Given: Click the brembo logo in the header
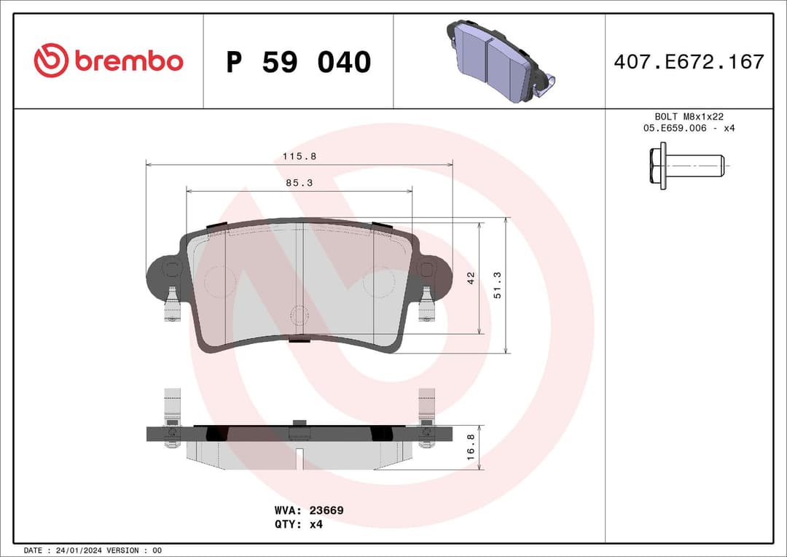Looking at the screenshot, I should click(109, 61).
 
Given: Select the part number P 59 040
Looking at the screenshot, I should click(298, 62).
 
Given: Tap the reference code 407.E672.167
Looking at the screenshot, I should click(689, 62).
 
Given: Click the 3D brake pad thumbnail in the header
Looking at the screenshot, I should click(499, 60).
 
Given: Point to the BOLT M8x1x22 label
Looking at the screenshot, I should click(689, 117).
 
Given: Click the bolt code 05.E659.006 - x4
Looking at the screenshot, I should click(689, 128).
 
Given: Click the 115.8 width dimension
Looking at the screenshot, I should click(299, 156).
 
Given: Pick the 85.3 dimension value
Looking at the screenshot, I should click(299, 183).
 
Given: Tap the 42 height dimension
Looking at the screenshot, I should click(471, 278).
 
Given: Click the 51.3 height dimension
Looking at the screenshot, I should click(497, 285).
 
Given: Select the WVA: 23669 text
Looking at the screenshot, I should click(308, 510).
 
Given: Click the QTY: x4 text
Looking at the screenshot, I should click(299, 524).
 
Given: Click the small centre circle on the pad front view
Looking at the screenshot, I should click(299, 316).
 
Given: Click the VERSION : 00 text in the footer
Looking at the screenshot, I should click(135, 550).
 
